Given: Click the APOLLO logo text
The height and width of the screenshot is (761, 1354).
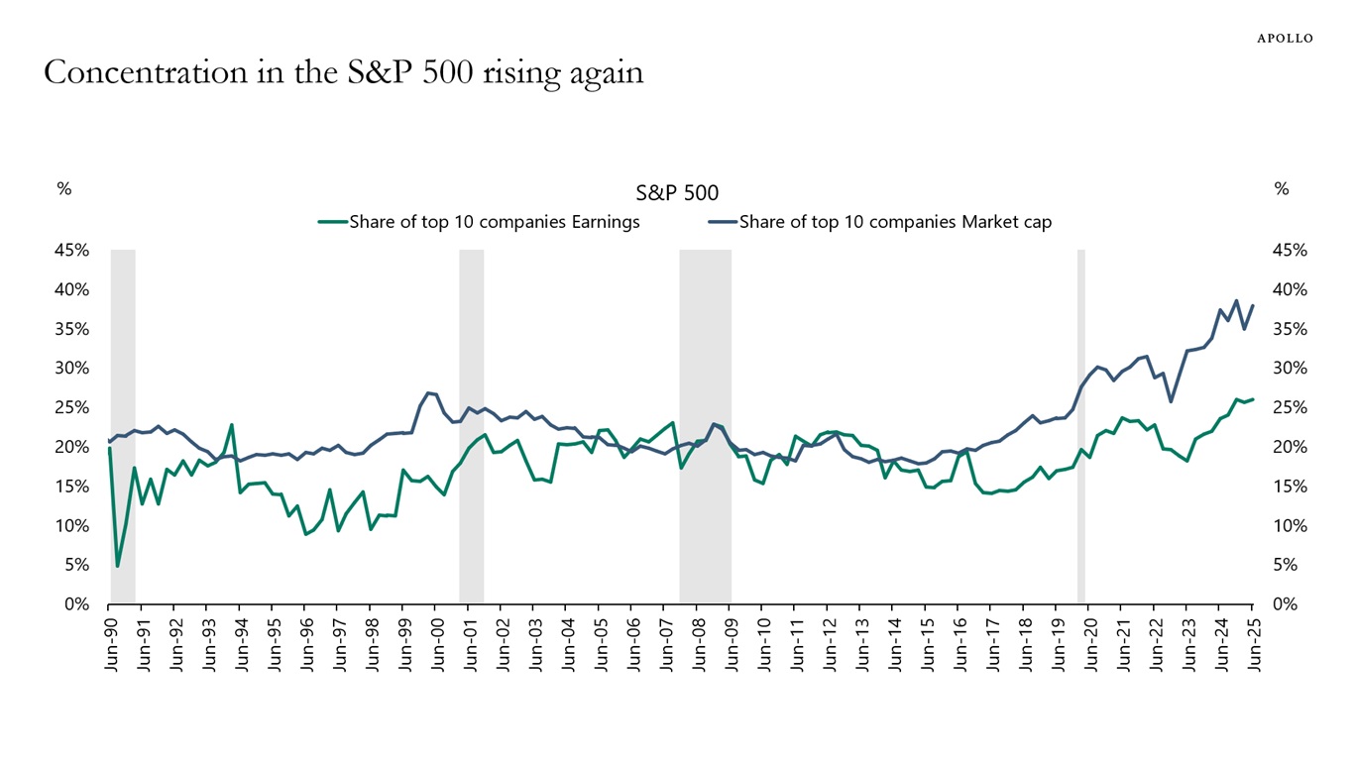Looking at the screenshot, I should click(1285, 38).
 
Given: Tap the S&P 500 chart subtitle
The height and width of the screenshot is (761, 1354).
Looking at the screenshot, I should click(677, 192).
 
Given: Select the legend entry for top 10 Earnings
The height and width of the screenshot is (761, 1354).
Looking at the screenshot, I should click(494, 222).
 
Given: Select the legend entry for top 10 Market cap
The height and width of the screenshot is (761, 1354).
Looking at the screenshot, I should click(895, 222).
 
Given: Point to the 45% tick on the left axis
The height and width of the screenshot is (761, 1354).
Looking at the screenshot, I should click(72, 251).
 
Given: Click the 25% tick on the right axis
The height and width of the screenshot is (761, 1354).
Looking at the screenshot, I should click(1290, 407).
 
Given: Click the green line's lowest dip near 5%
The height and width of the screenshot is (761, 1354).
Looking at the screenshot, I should click(118, 566).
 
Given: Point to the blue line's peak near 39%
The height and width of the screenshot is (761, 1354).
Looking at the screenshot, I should click(1236, 300).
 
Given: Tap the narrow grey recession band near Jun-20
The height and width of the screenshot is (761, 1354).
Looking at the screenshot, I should click(1081, 426).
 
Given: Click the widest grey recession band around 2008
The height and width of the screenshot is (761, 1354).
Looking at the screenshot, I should click(705, 426).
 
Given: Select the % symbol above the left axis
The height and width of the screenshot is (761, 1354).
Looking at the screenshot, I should click(64, 188).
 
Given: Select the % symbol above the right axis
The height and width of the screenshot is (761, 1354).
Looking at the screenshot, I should click(1282, 188).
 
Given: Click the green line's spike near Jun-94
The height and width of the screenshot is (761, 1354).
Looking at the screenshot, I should click(232, 425).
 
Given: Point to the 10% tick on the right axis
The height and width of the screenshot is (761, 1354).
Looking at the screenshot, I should click(1290, 525).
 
